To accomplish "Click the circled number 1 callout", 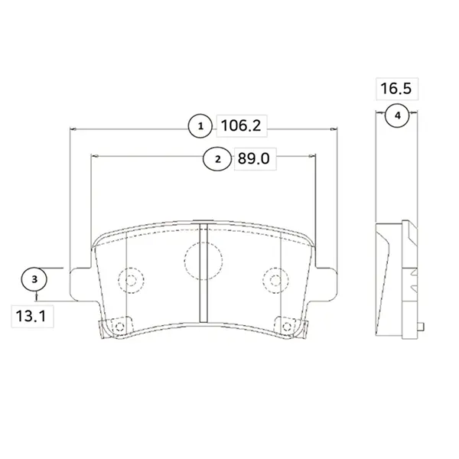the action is coord(200,126).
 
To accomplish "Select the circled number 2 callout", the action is coord(217,159).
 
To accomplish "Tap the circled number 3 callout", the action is coord(34,279).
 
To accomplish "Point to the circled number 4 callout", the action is coord(397,116).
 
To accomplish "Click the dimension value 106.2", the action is coord(241,126).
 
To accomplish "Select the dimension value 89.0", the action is coord(253,158).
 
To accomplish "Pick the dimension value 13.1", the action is coord(31,316).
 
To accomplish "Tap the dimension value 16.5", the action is coord(396,89).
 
